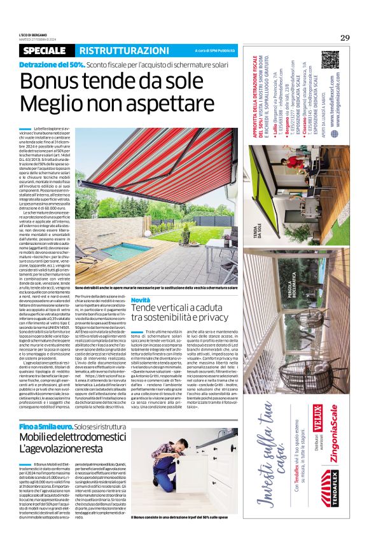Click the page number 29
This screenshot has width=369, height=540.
pos(345,38)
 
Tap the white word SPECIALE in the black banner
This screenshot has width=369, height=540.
pos(46,50)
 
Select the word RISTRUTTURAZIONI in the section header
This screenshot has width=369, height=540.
pos(120,50)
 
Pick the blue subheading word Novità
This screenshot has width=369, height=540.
pos(141,300)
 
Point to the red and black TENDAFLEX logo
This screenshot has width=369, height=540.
pos(326,502)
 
